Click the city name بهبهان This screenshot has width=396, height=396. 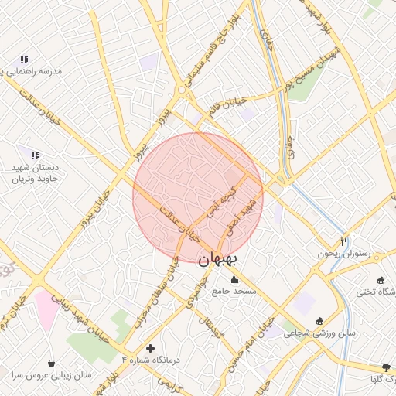[x=230, y=261]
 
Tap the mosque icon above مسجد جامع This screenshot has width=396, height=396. [x=234, y=278]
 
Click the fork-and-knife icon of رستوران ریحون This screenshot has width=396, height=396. [x=344, y=241]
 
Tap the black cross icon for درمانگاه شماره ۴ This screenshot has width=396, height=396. [x=150, y=349]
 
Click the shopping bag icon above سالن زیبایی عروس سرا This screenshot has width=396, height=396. [x=51, y=363]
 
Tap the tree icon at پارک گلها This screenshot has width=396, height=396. [x=387, y=367]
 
